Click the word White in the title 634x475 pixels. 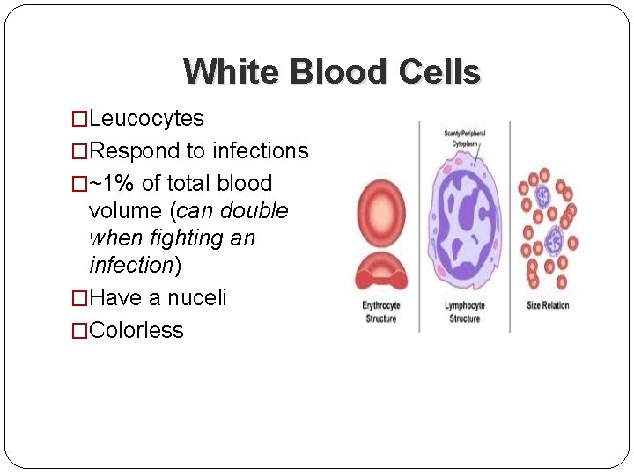228,71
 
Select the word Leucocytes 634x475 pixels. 146,119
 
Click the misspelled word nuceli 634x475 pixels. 199,298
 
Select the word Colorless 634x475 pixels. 136,331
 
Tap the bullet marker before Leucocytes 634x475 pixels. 80,119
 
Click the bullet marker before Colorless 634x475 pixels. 80,331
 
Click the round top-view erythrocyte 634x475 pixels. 380,213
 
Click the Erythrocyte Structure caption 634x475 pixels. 381,311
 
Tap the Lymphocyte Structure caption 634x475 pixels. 464,311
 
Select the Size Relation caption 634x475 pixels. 548,306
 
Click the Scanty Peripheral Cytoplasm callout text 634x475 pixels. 464,139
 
